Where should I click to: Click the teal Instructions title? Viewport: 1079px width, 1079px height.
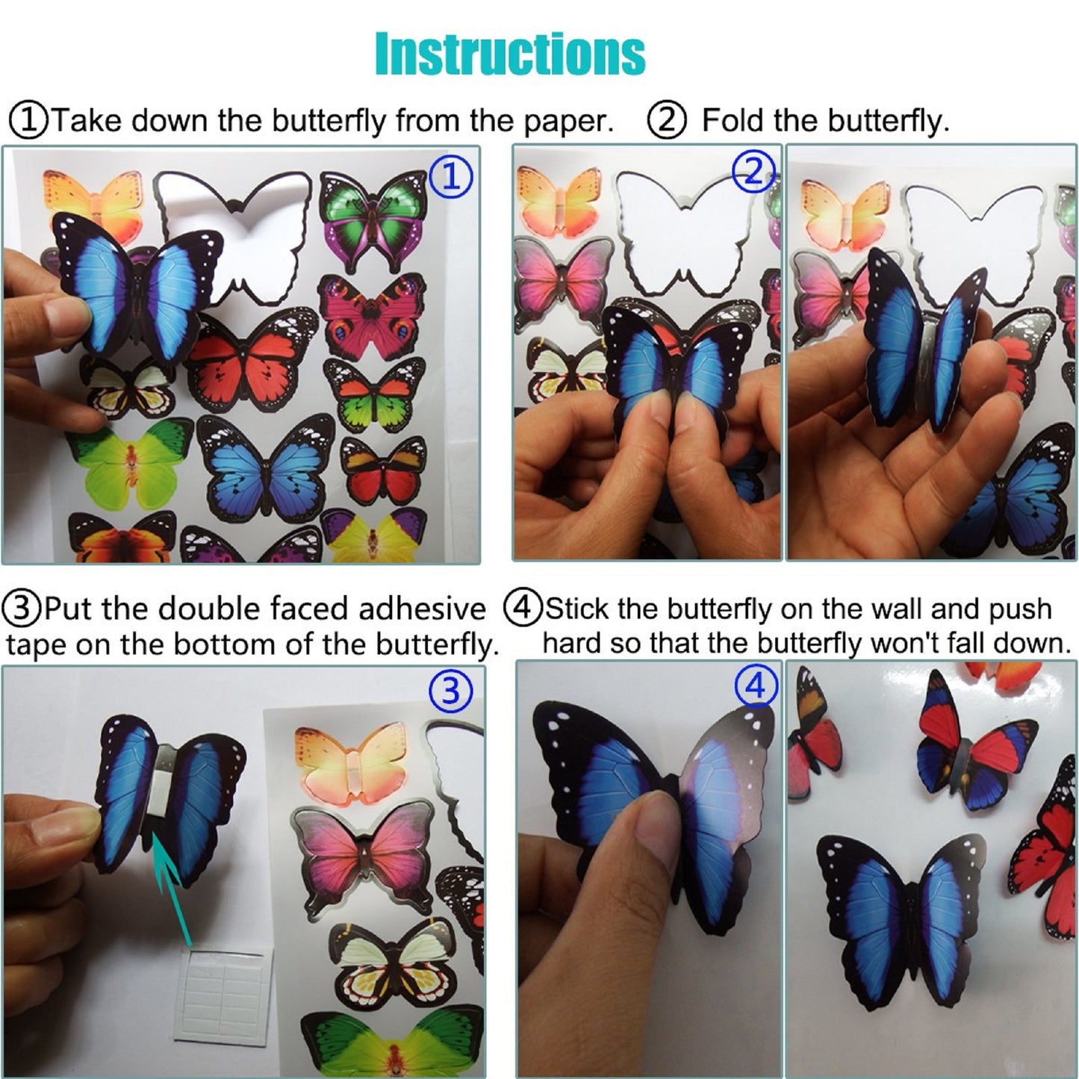510,54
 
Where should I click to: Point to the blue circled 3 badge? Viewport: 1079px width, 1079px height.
450,691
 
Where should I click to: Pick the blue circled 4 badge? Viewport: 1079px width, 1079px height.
756,685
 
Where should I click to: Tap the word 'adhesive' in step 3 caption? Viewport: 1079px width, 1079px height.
422,609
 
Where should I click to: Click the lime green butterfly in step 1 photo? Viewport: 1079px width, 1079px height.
131,463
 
